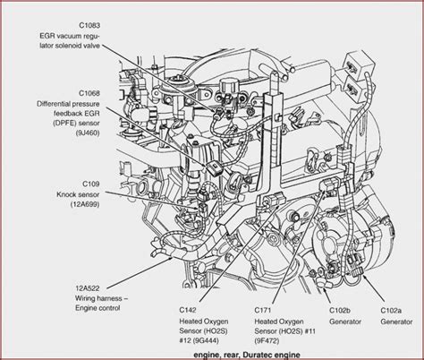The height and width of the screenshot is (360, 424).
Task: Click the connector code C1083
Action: click(x=89, y=25)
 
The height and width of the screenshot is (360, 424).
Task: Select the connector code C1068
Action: click(x=89, y=93)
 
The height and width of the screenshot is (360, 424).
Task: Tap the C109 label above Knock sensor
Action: click(x=91, y=184)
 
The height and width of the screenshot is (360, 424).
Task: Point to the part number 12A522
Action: click(x=88, y=288)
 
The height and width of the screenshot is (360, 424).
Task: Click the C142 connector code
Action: click(x=188, y=310)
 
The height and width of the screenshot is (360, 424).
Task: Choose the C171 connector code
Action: click(x=263, y=310)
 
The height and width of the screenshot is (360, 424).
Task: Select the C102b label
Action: click(x=340, y=310)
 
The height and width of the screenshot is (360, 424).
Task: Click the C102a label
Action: click(x=391, y=310)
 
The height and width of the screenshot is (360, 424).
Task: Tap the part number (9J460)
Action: click(x=88, y=133)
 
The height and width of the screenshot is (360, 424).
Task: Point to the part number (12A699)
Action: click(x=85, y=204)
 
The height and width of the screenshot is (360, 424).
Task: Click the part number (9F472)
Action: click(x=267, y=340)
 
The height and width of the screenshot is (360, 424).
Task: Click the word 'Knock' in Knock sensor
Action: click(x=66, y=194)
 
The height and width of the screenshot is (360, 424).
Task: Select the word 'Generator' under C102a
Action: click(x=396, y=321)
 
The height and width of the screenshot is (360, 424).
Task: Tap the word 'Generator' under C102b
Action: click(x=345, y=321)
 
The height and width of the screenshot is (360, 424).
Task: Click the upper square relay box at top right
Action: click(x=359, y=64)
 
